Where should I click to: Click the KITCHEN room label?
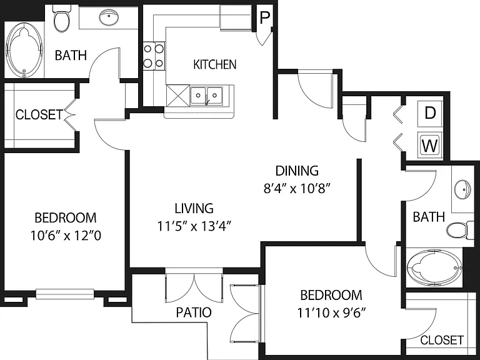[215, 64]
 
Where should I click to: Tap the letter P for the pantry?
[264, 18]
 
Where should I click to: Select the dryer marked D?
[430, 114]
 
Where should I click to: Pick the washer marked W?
[430, 145]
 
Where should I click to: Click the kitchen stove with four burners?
[154, 56]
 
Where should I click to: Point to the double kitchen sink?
[207, 96]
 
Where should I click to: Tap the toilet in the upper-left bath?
[61, 19]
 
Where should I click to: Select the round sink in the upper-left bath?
[109, 17]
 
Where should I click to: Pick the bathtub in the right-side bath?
[434, 267]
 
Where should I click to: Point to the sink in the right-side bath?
[462, 189]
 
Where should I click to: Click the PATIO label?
[194, 312]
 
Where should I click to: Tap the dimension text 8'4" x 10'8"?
[297, 189]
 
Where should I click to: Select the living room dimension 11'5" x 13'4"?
[194, 227]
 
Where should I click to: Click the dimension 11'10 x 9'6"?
[331, 313]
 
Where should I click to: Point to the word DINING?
[297, 171]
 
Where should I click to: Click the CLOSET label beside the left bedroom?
[39, 115]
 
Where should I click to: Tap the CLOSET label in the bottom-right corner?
[442, 340]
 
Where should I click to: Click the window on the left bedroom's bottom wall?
[65, 294]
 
